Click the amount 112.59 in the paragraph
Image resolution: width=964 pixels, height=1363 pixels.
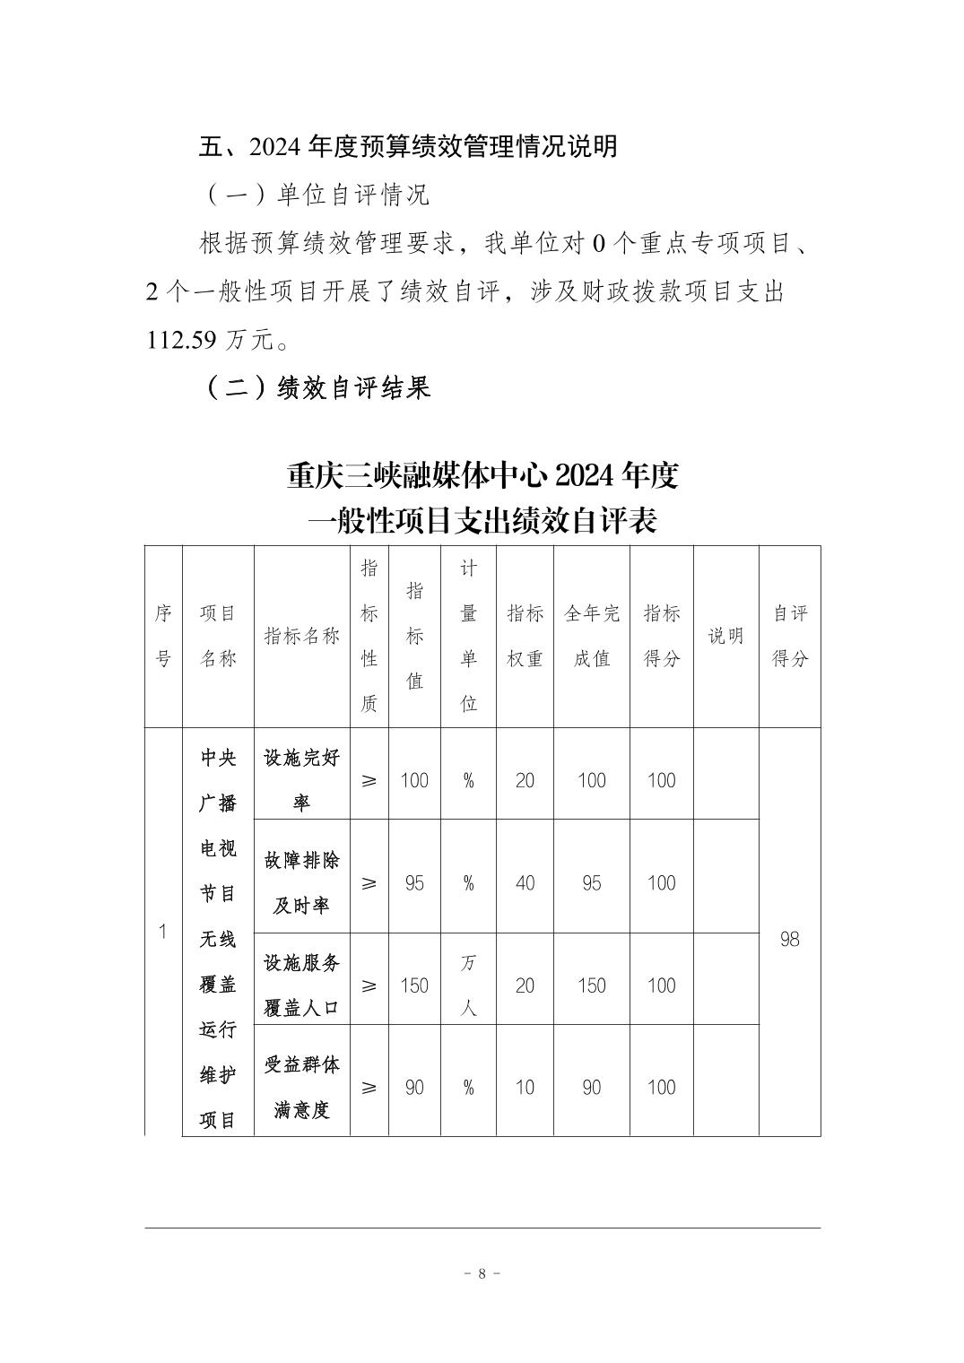[181, 340]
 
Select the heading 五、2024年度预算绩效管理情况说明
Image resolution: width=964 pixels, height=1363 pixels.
[408, 146]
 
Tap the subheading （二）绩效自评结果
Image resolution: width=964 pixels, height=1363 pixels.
[318, 387]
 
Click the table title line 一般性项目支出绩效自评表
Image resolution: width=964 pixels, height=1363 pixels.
[482, 520]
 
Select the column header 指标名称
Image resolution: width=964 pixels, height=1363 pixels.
[301, 636]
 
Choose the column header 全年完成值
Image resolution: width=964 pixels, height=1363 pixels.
[591, 636]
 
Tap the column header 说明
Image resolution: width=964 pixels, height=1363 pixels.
[725, 636]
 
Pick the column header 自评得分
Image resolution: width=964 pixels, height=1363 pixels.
[789, 636]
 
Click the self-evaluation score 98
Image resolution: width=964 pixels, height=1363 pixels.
[789, 939]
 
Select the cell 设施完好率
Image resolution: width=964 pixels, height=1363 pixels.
[301, 780]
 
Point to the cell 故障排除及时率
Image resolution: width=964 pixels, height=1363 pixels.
[301, 883]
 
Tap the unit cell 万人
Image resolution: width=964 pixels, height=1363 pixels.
[468, 985]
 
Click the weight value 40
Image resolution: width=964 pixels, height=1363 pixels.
[525, 883]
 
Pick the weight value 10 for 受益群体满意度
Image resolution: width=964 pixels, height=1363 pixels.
[525, 1088]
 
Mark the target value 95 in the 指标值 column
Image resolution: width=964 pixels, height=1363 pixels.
[414, 883]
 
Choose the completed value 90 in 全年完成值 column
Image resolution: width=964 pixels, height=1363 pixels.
[591, 1088]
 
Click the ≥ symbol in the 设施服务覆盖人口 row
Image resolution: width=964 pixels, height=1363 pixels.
[369, 985]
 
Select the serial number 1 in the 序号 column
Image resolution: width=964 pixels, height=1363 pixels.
[163, 932]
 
